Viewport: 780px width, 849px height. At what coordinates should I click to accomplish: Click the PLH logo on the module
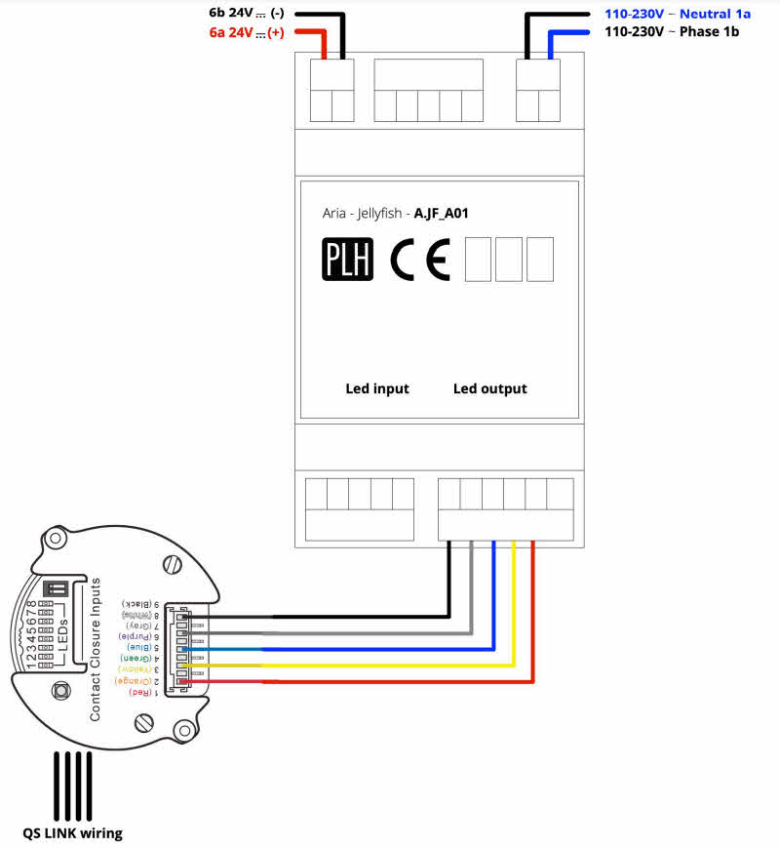[347, 259]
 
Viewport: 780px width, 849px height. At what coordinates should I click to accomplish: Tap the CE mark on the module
[420, 259]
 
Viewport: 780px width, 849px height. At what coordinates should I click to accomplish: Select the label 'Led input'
[377, 388]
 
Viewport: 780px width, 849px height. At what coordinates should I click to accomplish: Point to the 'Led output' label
[489, 388]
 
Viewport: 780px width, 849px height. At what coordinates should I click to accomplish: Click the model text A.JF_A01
[442, 213]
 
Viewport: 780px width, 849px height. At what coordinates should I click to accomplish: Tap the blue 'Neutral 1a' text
[715, 14]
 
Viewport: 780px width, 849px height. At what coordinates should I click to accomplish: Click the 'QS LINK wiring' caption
[74, 832]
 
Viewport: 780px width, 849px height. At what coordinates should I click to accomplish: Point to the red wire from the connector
[390, 681]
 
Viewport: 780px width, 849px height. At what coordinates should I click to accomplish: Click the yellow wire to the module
[390, 666]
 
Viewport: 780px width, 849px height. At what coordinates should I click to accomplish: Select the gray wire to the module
[370, 632]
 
